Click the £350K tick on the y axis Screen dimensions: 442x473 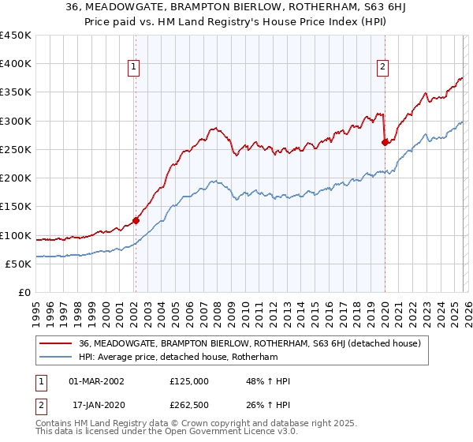pyautogui.click(x=16, y=92)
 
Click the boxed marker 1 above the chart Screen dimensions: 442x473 pyautogui.click(x=135, y=67)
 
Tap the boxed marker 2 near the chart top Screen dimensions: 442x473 pyautogui.click(x=382, y=67)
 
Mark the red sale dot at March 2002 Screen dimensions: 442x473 pyautogui.click(x=136, y=221)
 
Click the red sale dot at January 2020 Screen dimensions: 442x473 pyautogui.click(x=385, y=143)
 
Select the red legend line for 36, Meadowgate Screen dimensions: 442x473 pyautogui.click(x=58, y=343)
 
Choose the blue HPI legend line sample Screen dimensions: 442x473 pyautogui.click(x=58, y=358)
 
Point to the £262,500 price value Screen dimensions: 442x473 pyautogui.click(x=189, y=406)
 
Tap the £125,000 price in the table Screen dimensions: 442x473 pyautogui.click(x=189, y=381)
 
